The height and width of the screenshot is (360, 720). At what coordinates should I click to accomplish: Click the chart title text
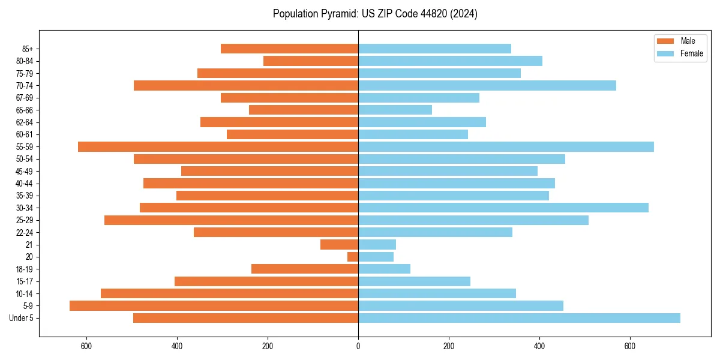click(375, 14)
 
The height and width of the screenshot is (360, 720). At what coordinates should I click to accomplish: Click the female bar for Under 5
click(519, 318)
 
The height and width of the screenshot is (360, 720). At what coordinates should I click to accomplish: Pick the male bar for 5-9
click(214, 306)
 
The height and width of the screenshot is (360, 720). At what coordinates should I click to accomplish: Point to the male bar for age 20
click(353, 257)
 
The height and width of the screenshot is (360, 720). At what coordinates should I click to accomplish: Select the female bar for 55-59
click(506, 147)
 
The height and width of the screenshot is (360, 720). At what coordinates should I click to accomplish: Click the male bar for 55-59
click(218, 147)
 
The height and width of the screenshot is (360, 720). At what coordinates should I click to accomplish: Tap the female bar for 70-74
click(487, 86)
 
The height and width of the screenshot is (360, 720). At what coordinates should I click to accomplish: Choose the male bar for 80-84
click(311, 61)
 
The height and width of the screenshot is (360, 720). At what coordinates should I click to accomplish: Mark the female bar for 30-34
click(503, 208)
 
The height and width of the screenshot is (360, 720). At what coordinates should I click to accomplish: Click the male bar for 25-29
click(232, 220)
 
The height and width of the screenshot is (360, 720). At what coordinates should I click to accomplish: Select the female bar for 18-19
click(384, 269)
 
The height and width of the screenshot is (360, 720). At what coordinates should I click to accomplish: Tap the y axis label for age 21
click(29, 245)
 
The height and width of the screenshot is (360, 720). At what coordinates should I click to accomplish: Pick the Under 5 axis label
click(21, 318)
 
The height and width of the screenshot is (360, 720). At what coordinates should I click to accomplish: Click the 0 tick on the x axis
click(358, 346)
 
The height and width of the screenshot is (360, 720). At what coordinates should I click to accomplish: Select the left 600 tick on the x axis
click(86, 346)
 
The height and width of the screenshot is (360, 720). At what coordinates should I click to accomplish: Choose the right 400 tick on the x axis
click(539, 346)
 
